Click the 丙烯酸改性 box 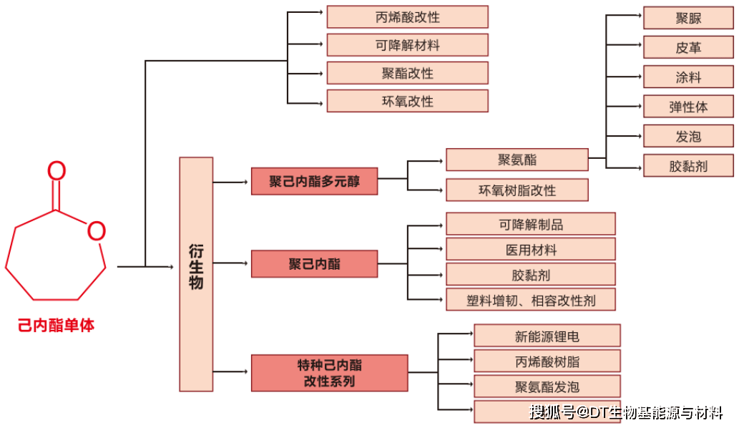click(x=407, y=17)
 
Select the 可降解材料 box click(x=407, y=45)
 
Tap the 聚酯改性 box click(x=407, y=73)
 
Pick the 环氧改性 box click(x=407, y=101)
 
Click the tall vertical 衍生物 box click(x=196, y=274)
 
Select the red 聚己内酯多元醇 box click(x=314, y=182)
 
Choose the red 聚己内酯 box click(x=314, y=264)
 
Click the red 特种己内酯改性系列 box click(x=329, y=373)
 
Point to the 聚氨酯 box click(x=517, y=160)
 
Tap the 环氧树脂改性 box click(x=517, y=190)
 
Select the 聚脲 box click(x=688, y=19)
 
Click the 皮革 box click(x=688, y=48)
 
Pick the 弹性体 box click(x=688, y=107)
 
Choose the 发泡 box click(x=688, y=136)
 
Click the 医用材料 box click(x=530, y=249)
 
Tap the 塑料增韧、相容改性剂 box click(x=530, y=299)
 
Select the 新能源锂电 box click(x=547, y=336)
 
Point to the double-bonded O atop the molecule click(x=57, y=172)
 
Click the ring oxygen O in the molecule click(x=96, y=230)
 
